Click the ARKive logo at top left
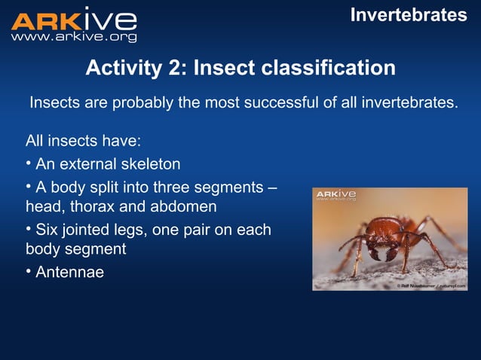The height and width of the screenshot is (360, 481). coord(74,20)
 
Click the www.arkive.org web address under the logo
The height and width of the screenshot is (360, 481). coord(74,37)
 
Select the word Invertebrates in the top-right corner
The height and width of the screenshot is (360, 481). coord(409,15)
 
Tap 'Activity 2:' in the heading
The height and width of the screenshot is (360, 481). coord(136,69)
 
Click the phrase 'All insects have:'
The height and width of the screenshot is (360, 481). coord(83,141)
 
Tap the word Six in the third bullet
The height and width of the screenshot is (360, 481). coord(49,230)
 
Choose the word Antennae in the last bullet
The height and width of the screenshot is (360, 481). coord(69,272)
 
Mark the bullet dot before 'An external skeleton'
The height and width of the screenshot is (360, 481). coord(29,163)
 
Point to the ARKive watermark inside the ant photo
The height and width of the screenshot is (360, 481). coord(335,196)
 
